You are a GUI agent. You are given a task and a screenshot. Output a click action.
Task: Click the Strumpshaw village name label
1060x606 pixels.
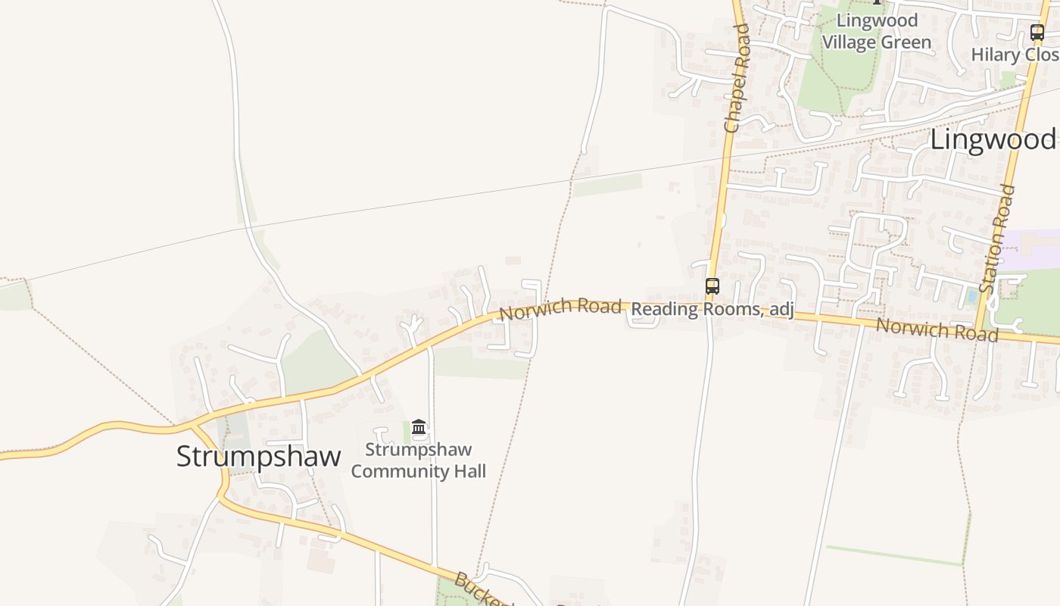258,457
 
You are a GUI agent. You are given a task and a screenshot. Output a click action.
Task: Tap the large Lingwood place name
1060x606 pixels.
992,139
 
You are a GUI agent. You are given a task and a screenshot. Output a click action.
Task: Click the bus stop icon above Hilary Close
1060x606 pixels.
1037,33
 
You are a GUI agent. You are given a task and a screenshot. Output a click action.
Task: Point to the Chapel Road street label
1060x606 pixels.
736,78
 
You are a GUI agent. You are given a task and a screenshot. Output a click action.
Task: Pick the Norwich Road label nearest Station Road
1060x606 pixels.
937,330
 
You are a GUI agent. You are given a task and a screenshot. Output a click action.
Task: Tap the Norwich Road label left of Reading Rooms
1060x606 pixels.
560,308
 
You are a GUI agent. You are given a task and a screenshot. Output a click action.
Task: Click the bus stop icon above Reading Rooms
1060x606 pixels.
712,286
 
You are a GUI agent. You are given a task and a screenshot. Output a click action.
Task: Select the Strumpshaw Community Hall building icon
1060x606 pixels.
419,428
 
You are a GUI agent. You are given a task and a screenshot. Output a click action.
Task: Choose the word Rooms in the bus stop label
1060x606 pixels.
732,309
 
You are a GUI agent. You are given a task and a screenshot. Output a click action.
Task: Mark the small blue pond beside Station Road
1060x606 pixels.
971,296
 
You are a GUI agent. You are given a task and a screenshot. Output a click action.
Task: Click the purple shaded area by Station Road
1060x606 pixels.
1033,250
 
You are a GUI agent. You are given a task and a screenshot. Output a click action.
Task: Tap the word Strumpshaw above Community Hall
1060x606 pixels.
418,450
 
